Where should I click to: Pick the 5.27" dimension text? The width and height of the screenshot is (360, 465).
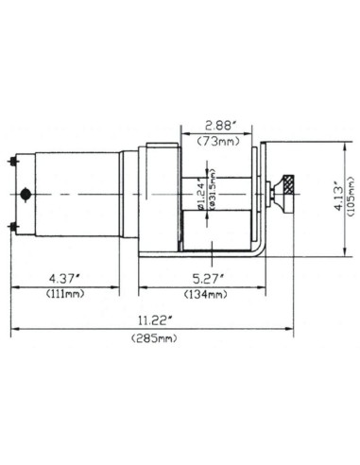pyautogui.click(x=200, y=278)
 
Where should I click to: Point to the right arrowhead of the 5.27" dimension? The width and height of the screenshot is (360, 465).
pyautogui.click(x=261, y=286)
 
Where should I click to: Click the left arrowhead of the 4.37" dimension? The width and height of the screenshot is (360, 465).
pyautogui.click(x=14, y=286)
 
